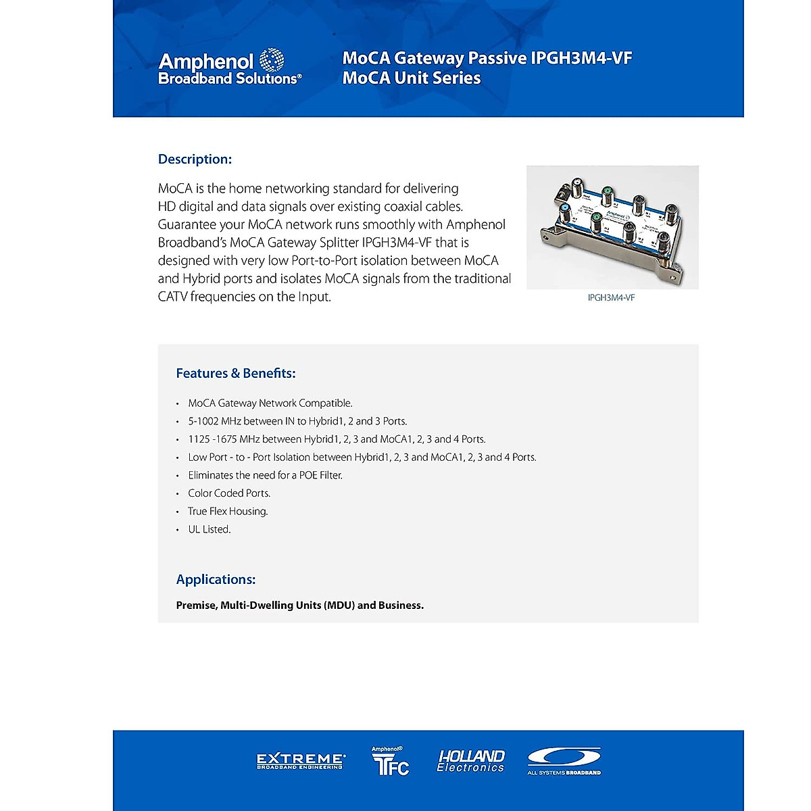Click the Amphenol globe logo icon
pyautogui.click(x=272, y=60)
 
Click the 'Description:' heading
pyautogui.click(x=195, y=159)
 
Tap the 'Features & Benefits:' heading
pyautogui.click(x=236, y=373)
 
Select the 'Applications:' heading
pyautogui.click(x=216, y=579)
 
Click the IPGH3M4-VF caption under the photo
pyautogui.click(x=611, y=297)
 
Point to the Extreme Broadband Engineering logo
pyautogui.click(x=301, y=762)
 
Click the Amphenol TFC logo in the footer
pyautogui.click(x=390, y=761)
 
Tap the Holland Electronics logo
pyautogui.click(x=470, y=761)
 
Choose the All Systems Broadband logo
pyautogui.click(x=564, y=761)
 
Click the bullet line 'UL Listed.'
pyautogui.click(x=210, y=529)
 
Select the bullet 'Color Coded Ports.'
pyautogui.click(x=229, y=493)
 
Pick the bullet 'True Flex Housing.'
pyautogui.click(x=228, y=512)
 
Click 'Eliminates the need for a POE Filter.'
pyautogui.click(x=265, y=475)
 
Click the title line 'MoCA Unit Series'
pyautogui.click(x=412, y=78)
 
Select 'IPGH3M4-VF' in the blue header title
pyautogui.click(x=581, y=58)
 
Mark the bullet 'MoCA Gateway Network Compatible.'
pyautogui.click(x=270, y=403)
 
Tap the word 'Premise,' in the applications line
pyautogui.click(x=197, y=606)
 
